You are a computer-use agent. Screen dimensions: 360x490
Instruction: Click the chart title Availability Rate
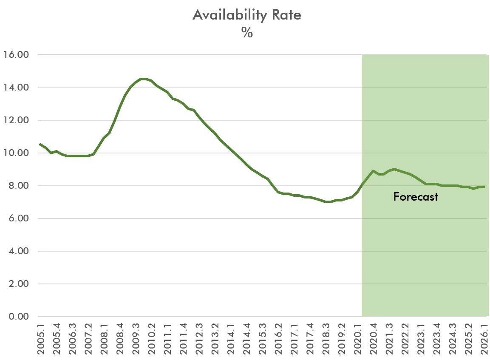coord(247,15)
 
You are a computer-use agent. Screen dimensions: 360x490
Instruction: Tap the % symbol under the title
coord(247,33)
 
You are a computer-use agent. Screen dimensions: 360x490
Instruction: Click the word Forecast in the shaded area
coord(415,197)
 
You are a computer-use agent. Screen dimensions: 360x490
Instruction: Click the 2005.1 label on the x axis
coord(40,338)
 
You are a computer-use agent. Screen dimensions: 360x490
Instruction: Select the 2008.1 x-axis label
coord(104,338)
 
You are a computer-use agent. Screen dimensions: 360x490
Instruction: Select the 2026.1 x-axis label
coord(484,338)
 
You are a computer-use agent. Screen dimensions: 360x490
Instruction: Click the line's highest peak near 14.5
coord(144,79)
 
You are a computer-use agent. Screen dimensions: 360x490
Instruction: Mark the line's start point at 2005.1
coord(40,145)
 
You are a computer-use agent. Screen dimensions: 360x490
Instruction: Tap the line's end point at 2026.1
coord(484,187)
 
